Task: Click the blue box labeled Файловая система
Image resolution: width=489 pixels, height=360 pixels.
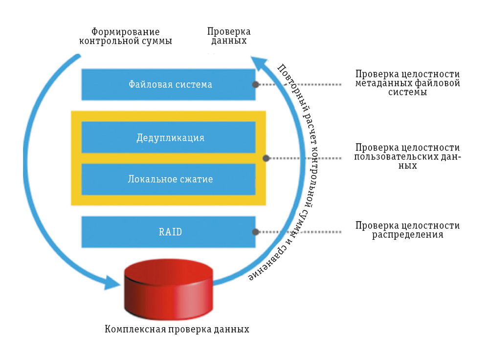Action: [168, 85]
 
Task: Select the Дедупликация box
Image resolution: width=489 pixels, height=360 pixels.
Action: [168, 137]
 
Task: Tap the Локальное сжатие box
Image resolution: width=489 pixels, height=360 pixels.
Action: [168, 179]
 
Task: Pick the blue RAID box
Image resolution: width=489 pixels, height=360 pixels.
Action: [168, 232]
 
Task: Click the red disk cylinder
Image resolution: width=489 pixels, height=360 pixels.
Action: [168, 289]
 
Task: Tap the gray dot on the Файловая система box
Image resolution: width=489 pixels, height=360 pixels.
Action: [255, 85]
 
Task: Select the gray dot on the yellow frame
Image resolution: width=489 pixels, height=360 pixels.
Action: [266, 158]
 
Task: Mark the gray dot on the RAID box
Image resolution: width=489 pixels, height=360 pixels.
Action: [255, 232]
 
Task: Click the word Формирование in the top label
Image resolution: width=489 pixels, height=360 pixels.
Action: [125, 32]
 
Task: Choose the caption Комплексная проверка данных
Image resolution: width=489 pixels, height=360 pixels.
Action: [177, 329]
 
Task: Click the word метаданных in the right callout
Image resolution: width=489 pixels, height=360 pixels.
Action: [380, 83]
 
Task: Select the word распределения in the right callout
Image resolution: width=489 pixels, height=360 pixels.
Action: [408, 235]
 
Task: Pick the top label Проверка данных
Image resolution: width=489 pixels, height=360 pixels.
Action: [229, 36]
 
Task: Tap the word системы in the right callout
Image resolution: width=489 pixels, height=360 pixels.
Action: [408, 92]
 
